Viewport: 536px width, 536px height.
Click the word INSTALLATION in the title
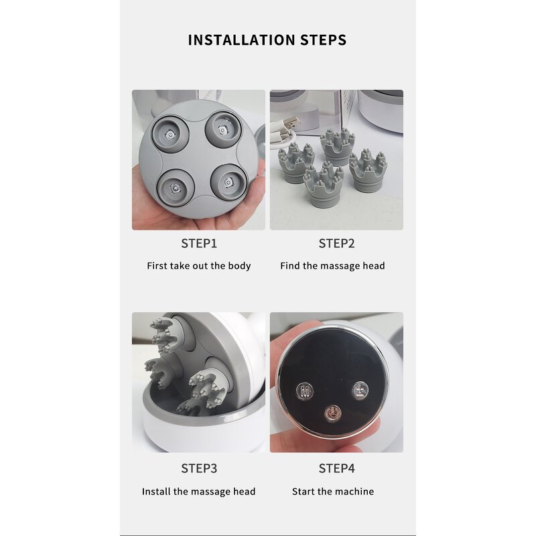241,40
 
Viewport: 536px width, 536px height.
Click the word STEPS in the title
324,40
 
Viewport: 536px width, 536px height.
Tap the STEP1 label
199,244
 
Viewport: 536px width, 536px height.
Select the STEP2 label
337,244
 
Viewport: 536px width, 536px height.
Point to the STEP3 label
199,468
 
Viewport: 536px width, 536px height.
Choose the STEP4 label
337,468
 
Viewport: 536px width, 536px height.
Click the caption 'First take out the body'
199,266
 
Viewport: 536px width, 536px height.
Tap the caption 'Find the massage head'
332,266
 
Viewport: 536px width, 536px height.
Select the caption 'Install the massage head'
198,492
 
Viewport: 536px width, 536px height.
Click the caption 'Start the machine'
333,492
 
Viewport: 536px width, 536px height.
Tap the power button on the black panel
333,413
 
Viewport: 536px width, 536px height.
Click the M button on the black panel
305,391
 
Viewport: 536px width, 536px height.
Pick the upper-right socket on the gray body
223,129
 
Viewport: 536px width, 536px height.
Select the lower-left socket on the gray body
176,188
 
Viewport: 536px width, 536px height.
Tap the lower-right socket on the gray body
228,182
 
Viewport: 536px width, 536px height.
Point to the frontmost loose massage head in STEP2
324,185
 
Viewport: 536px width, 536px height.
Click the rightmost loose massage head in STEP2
368,170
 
